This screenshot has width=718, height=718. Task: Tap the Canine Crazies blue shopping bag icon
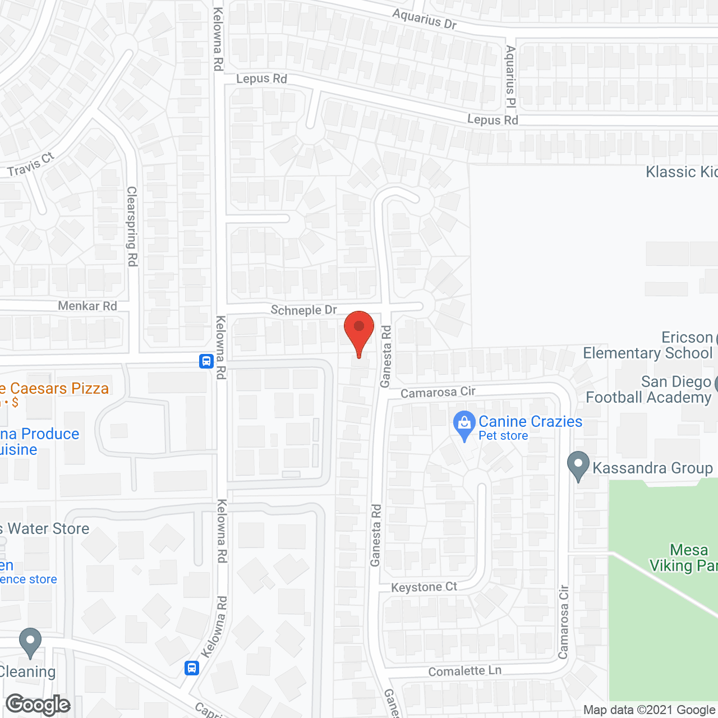tap(464, 425)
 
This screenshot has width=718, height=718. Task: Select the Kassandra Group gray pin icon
tap(578, 466)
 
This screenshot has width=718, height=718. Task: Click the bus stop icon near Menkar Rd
tap(206, 361)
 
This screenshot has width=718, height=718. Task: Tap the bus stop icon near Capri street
tap(192, 668)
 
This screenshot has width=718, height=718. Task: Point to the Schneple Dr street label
tap(303, 310)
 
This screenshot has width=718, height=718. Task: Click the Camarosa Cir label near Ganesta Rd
tap(438, 392)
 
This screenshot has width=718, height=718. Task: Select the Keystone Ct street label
tap(424, 587)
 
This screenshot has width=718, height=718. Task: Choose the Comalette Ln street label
tap(464, 671)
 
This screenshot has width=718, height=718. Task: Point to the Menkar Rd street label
tap(88, 306)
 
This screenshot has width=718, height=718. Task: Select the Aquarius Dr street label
tap(425, 19)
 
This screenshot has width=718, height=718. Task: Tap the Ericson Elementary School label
tap(648, 345)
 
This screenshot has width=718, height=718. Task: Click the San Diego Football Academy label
tap(648, 389)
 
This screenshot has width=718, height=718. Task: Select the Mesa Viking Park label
tap(683, 558)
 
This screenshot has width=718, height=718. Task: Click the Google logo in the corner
tap(38, 705)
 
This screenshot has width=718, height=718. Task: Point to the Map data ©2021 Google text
tap(649, 710)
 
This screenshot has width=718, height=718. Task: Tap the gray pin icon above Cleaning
tap(30, 642)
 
